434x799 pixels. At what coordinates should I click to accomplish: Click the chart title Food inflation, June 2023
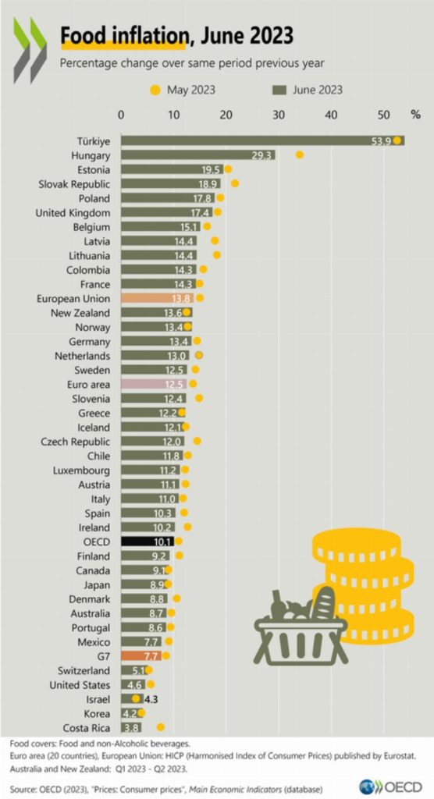(x=176, y=35)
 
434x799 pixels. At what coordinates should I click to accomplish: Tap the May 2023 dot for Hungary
(x=299, y=154)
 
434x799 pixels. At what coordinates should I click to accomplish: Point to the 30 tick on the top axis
(x=279, y=115)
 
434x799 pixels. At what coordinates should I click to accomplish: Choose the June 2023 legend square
(x=283, y=90)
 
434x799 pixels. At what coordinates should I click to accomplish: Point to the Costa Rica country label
(x=90, y=727)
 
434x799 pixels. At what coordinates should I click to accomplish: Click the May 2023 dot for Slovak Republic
(x=235, y=183)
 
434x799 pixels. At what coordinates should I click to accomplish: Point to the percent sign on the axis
(x=415, y=115)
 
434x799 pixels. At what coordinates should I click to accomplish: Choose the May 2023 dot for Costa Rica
(x=161, y=727)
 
